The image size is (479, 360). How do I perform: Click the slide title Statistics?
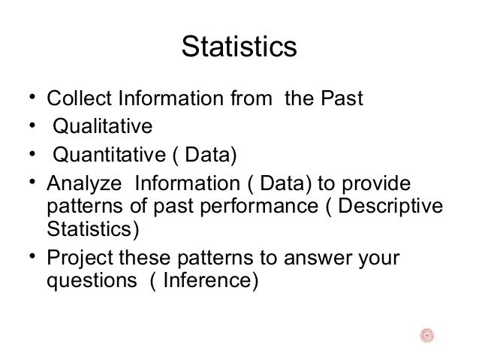pos(239,47)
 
